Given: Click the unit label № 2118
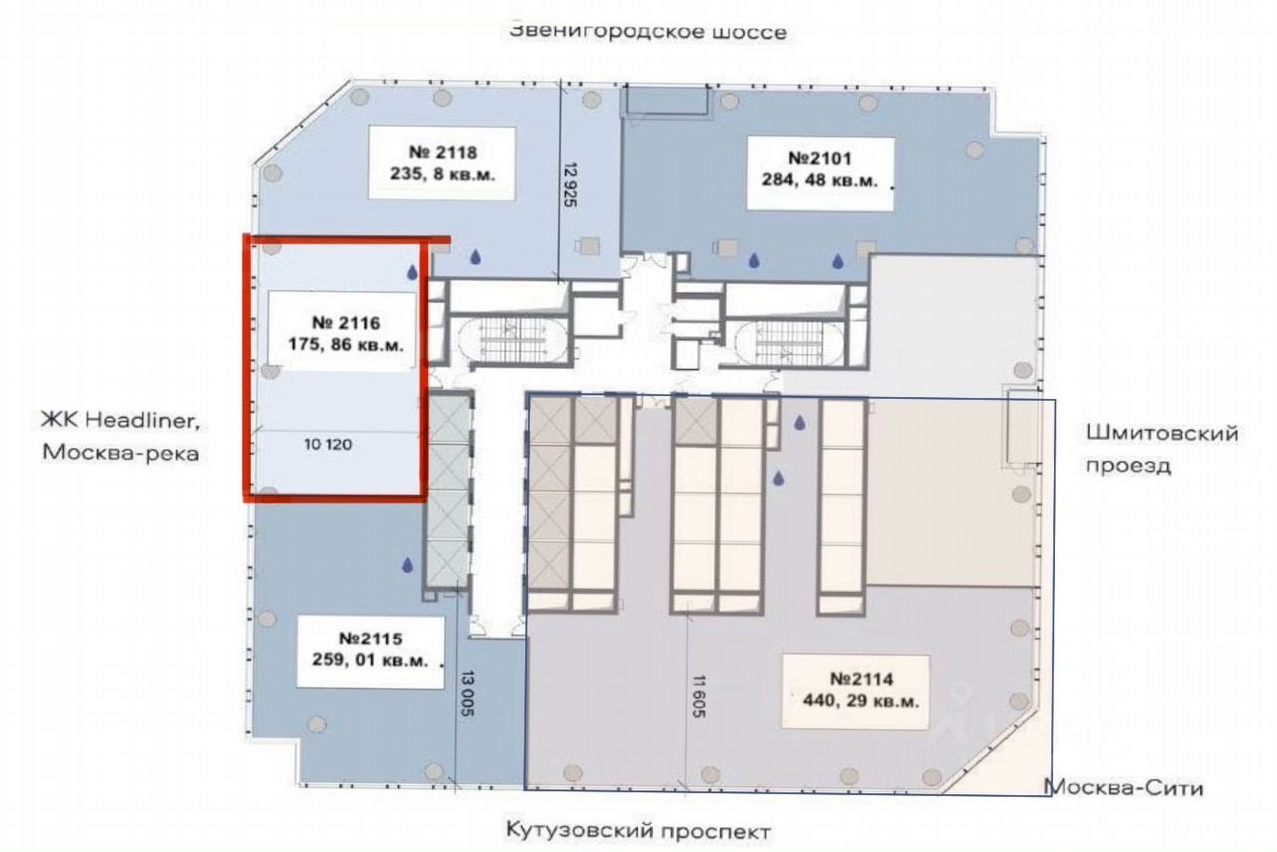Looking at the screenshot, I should [444, 153].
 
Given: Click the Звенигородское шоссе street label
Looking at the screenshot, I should [647, 31].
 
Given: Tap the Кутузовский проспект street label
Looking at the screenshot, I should [638, 830].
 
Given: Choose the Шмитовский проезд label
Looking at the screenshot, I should [1161, 449].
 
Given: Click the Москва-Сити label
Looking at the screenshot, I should [1123, 788].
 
